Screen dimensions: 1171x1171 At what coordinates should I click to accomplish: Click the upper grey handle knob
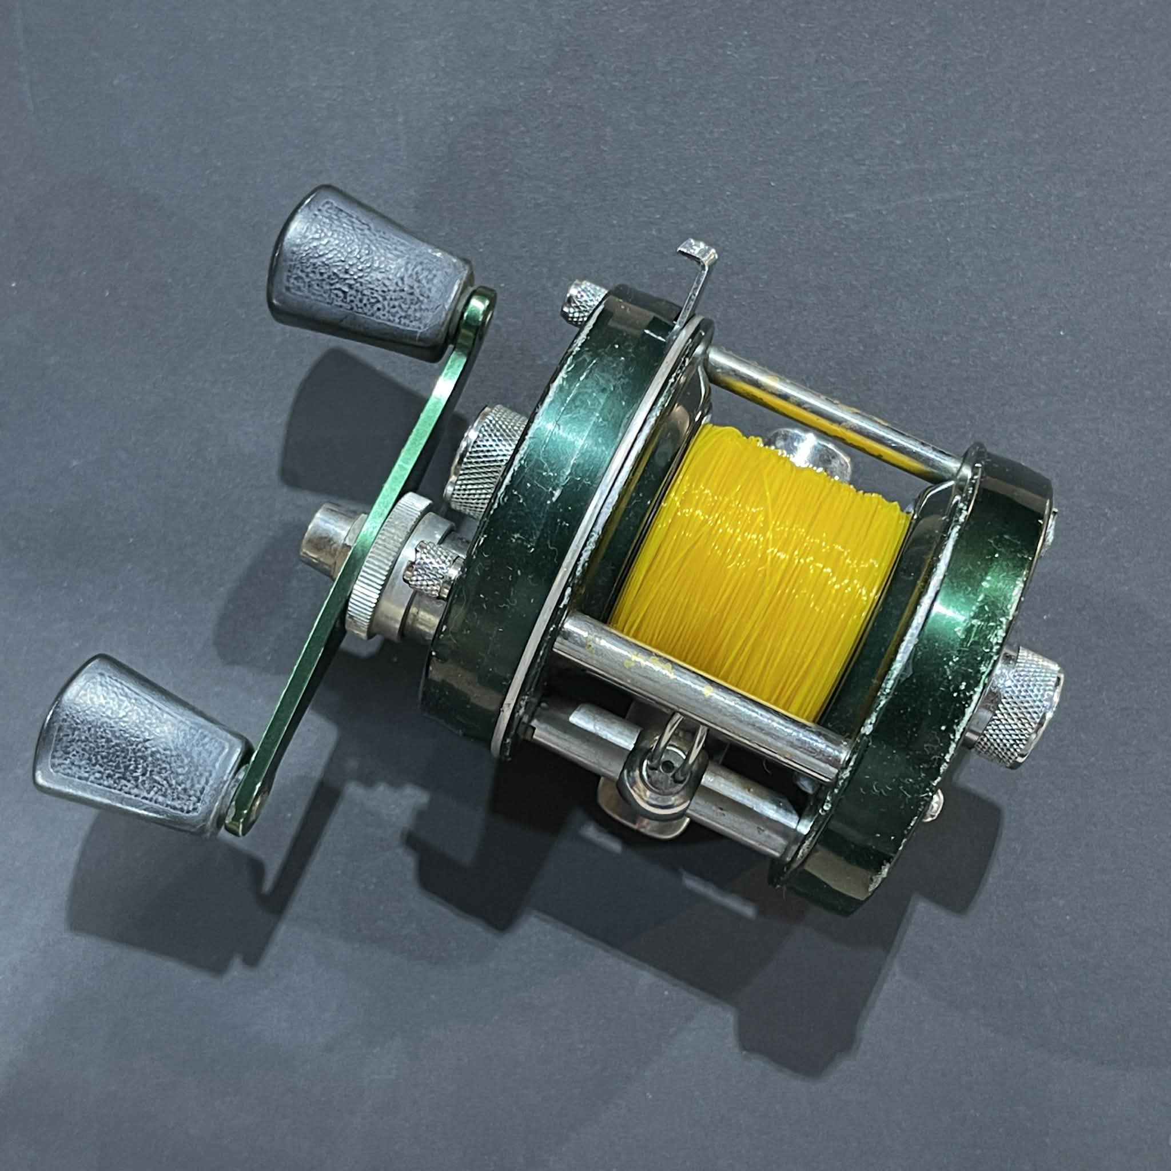coord(370,273)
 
